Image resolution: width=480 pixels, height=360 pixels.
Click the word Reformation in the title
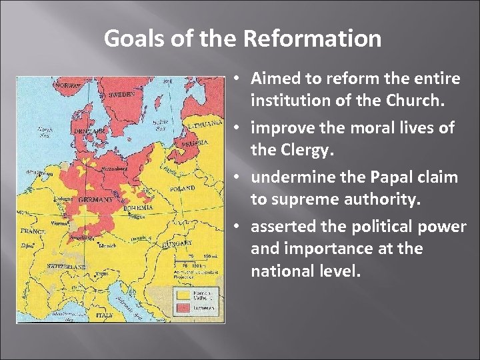(x=312, y=39)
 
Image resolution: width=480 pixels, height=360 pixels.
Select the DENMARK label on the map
(x=86, y=131)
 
